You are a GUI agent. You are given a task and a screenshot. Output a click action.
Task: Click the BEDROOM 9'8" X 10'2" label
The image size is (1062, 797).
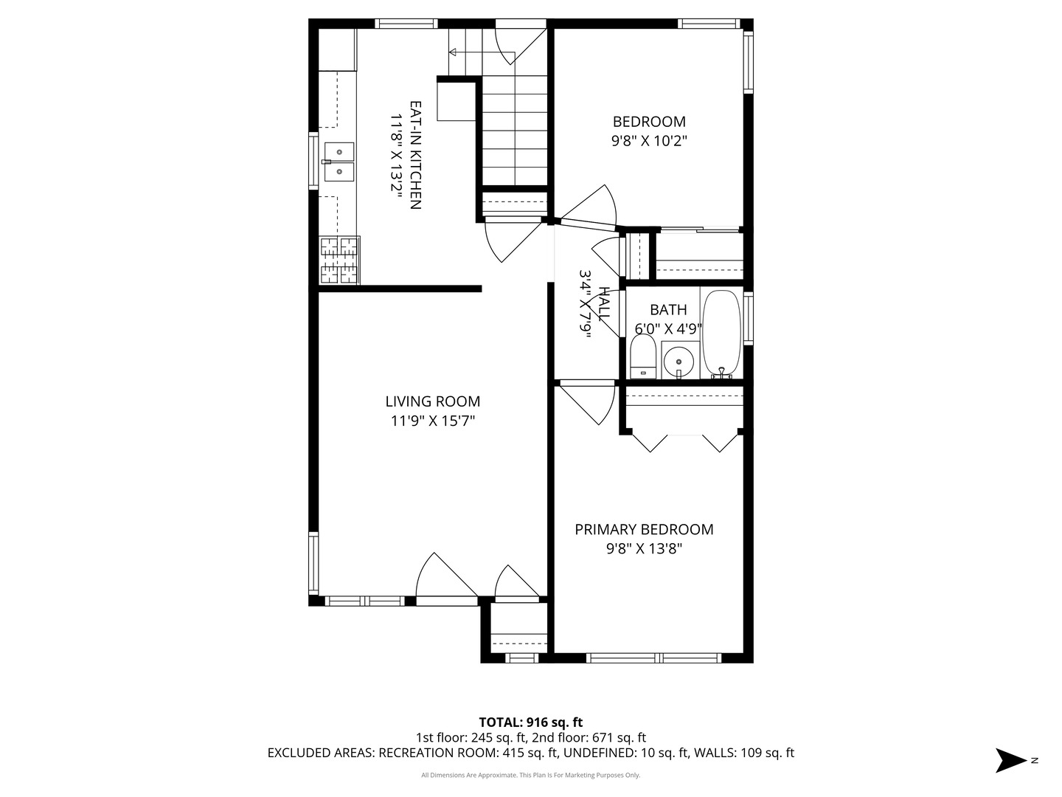pos(649,131)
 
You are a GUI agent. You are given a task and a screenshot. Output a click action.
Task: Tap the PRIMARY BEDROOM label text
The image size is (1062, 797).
pos(644,529)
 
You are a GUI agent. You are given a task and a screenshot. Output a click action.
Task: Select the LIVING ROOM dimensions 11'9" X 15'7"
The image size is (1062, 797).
pos(432,421)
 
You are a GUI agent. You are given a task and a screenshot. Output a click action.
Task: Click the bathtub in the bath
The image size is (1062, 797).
pos(721,334)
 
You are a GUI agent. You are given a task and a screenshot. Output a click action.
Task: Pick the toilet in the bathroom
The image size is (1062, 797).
pos(643,356)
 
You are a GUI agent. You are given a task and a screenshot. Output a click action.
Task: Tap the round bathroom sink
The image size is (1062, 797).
pos(678,362)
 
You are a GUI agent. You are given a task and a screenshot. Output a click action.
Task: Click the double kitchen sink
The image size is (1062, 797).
pos(339,162)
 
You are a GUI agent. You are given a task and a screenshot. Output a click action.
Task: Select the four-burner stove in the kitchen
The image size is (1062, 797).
pos(339,260)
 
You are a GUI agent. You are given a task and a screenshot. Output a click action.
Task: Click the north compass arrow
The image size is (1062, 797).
pos(1012,760)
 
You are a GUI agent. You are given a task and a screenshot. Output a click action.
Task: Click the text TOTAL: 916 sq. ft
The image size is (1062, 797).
pos(531,722)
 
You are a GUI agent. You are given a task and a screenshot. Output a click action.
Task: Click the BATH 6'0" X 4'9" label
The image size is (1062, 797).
pos(668,319)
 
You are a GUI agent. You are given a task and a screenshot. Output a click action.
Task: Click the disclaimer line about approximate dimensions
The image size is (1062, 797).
pos(530,775)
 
